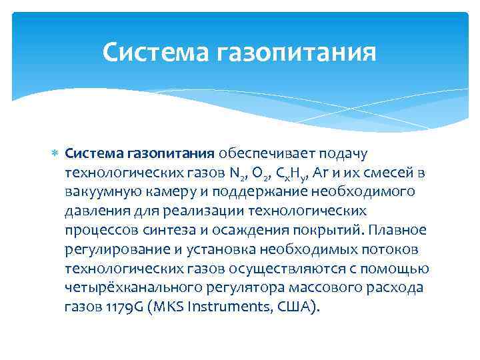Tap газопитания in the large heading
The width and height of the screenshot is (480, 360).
(297, 52)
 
